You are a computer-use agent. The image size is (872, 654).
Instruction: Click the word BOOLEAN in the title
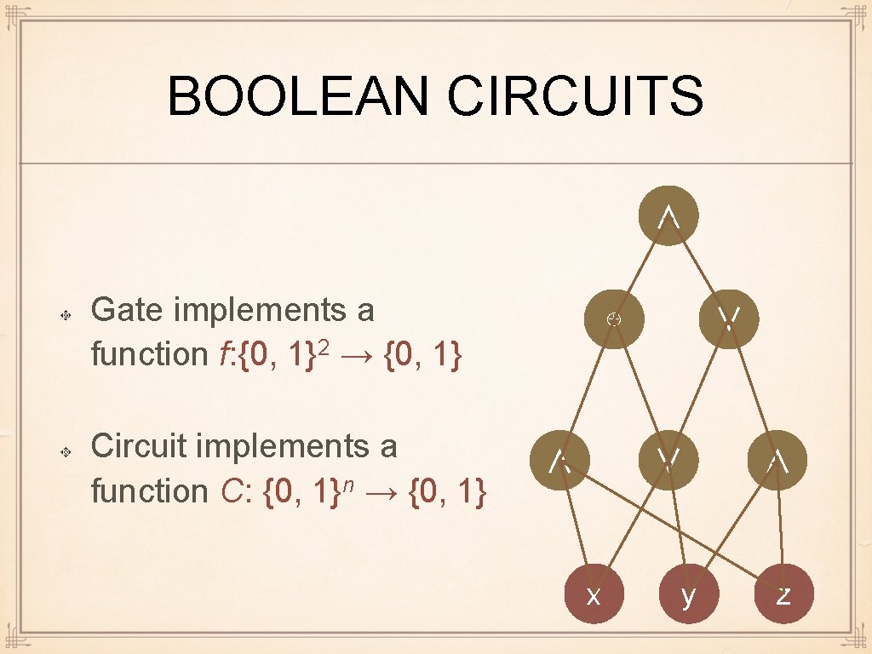pos(301,95)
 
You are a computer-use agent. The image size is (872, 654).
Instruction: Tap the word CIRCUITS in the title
pos(576,95)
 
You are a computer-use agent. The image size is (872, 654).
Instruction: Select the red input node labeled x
pos(594,594)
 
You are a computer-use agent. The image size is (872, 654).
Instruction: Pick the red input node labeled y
pos(688,594)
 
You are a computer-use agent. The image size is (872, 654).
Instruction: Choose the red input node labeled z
pos(783,594)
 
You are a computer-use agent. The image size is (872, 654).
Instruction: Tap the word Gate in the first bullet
pos(125,310)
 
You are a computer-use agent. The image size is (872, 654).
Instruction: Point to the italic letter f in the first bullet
pos(224,353)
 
